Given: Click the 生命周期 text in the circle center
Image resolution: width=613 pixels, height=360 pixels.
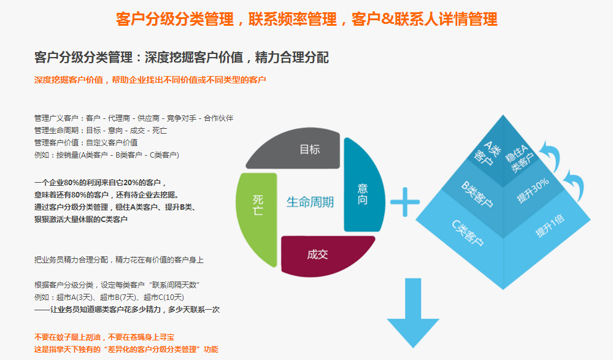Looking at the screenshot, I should click(x=310, y=202).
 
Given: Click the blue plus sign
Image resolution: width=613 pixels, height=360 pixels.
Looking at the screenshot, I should click(x=404, y=202).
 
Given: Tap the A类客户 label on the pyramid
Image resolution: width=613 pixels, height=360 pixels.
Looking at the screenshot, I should click(x=485, y=153).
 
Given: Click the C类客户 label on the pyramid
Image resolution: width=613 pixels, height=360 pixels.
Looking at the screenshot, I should click(x=468, y=231).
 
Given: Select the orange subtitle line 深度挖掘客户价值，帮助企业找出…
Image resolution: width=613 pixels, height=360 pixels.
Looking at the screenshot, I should click(x=150, y=80).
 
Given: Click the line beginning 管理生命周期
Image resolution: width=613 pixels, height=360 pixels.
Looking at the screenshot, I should click(x=101, y=131).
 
